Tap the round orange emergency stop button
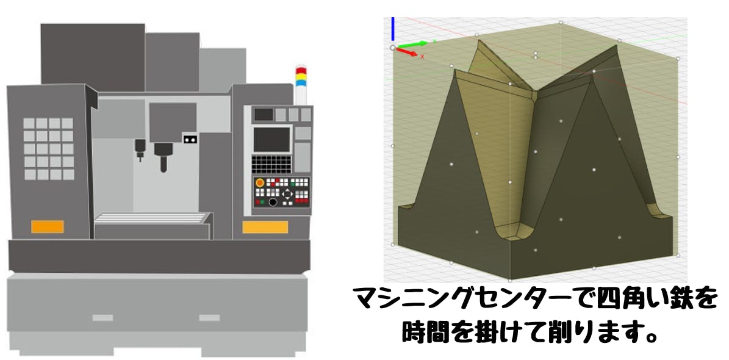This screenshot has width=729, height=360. point(260,182)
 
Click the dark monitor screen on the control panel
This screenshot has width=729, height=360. point(271,139)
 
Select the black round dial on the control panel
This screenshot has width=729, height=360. point(273,202)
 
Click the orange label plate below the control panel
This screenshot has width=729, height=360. point(265,227)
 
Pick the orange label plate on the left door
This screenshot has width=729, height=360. point(48,226)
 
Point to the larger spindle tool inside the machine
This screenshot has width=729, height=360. point(163,156)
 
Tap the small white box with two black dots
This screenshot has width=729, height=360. point(190,140)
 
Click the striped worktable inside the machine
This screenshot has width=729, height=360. point(153,218)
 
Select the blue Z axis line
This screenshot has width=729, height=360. point(393,29)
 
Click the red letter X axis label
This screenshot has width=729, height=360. point(423,56)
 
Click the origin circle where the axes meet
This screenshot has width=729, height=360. point(393,47)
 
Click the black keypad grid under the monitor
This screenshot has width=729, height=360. point(271,164)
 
